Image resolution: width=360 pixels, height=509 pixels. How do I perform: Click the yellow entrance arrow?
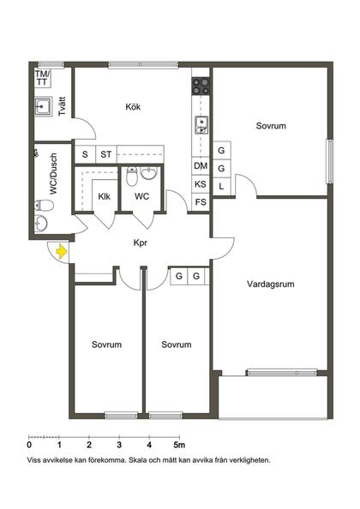(x=61, y=251)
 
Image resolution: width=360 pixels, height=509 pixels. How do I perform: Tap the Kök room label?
(x=132, y=107)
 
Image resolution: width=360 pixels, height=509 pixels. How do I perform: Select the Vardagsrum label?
(x=270, y=283)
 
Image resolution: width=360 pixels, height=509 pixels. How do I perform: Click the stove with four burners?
(x=201, y=85)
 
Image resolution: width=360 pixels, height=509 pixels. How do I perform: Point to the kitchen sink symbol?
(x=201, y=124)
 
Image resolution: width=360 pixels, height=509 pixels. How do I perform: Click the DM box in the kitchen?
(x=201, y=166)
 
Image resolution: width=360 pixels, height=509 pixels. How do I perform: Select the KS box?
(x=201, y=184)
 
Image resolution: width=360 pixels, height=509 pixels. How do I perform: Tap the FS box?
(x=201, y=202)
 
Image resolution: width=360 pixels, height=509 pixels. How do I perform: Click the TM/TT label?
(x=42, y=79)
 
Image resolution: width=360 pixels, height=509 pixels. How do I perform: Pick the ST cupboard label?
(x=105, y=154)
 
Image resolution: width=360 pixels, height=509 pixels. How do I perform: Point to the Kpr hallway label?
(x=141, y=243)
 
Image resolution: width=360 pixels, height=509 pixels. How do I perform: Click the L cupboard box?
(x=221, y=185)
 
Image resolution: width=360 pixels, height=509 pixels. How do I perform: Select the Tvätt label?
(x=62, y=109)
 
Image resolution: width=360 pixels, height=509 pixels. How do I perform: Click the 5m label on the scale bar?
(x=179, y=445)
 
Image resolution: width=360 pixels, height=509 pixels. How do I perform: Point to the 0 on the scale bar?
(x=29, y=445)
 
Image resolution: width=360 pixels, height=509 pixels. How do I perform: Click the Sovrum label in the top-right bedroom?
(x=270, y=126)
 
